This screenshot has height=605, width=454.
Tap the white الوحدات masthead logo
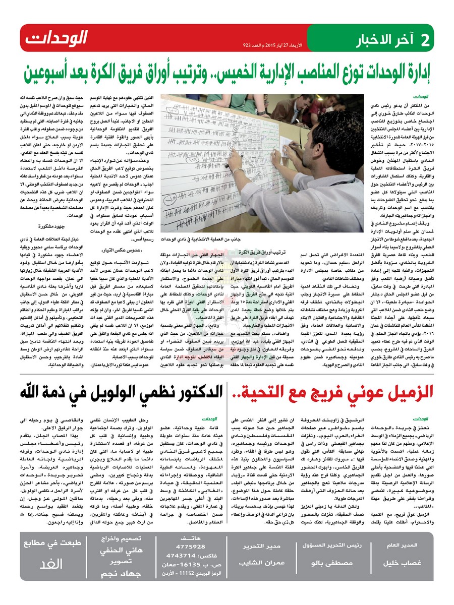56,37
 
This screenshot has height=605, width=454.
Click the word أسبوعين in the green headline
51,75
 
